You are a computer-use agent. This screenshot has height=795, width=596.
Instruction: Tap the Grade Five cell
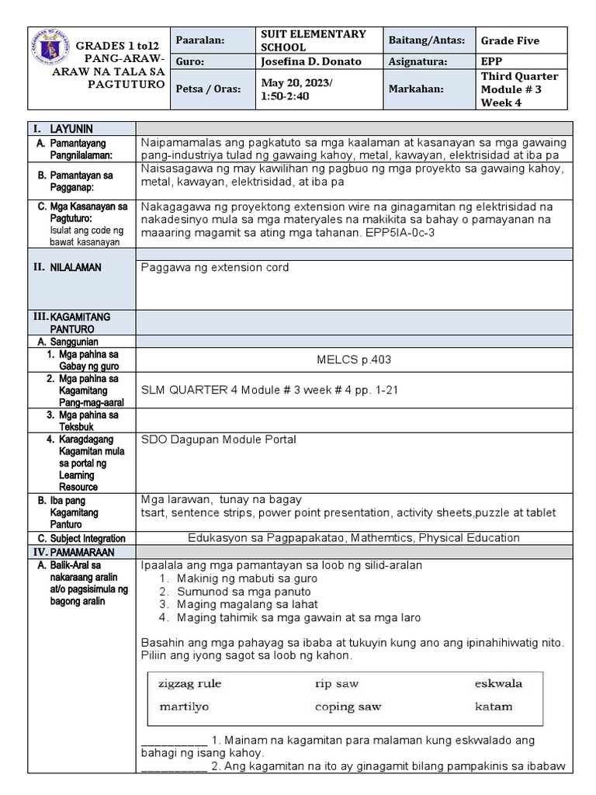coord(510,40)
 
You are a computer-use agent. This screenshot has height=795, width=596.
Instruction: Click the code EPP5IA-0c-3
coord(404,231)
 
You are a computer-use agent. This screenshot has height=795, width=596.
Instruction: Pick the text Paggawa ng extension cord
coord(215,267)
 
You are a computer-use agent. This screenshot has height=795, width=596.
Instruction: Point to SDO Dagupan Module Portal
coord(219,439)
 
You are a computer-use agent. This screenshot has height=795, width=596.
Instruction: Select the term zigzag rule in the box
coord(190,684)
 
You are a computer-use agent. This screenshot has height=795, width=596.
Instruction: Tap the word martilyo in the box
coord(184,707)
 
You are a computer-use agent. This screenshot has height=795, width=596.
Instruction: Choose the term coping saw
coord(348,707)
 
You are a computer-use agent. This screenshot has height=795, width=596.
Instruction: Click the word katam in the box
coord(494,706)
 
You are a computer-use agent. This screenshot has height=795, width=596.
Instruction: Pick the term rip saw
coord(337,684)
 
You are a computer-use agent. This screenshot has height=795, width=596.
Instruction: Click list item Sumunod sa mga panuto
coord(244,591)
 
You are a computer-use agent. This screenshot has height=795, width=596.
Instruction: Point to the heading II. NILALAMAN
coord(66,267)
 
